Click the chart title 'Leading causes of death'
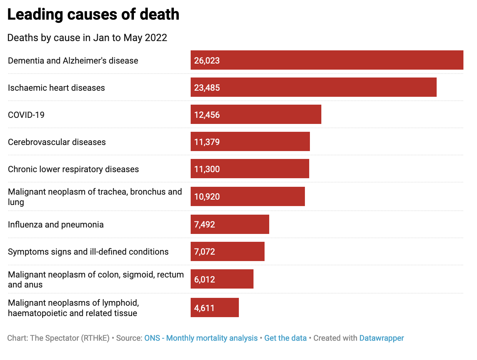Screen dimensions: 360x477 93,15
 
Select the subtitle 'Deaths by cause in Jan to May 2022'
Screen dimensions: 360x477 87,38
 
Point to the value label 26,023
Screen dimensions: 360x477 207,60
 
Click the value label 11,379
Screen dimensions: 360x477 207,142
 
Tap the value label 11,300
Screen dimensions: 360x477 207,169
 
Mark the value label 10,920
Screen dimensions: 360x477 207,196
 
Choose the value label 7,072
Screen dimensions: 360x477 205,251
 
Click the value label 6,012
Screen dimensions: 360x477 205,279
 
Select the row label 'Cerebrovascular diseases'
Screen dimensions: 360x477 57,142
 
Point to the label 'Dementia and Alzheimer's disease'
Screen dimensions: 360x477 73,60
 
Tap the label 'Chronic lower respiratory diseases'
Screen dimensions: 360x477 73,169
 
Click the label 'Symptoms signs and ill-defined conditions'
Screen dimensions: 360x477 88,251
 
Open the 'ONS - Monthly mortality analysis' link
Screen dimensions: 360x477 201,338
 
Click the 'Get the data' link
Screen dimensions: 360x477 285,338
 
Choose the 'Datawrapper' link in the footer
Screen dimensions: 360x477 381,338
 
